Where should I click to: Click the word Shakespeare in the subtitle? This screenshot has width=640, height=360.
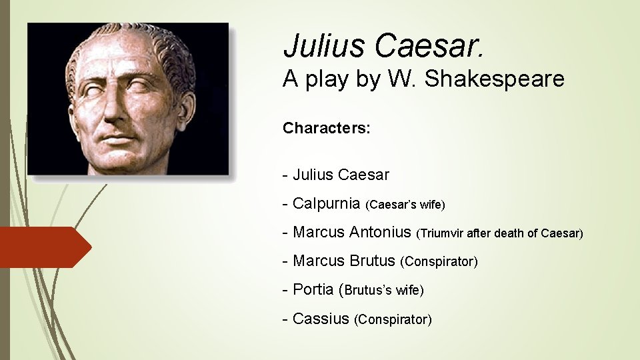click(x=495, y=79)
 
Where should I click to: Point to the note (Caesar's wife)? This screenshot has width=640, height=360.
click(x=406, y=205)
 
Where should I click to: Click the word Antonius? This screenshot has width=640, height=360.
click(x=379, y=232)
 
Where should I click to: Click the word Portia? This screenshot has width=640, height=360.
click(x=313, y=290)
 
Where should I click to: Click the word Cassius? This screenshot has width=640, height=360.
click(x=321, y=319)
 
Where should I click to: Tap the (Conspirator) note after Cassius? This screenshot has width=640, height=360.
click(x=393, y=320)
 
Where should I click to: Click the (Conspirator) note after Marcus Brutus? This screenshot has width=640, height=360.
click(x=439, y=262)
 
